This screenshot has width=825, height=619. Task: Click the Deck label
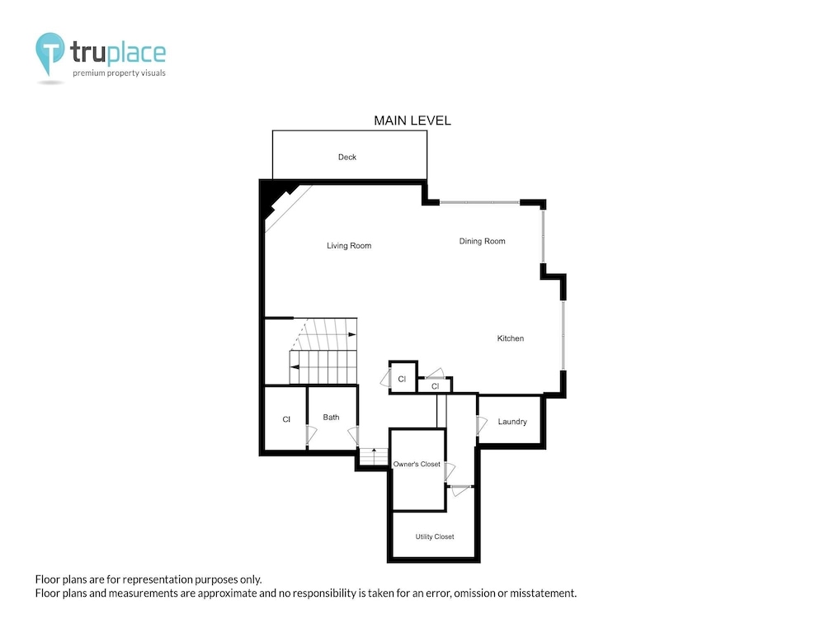pos(346,157)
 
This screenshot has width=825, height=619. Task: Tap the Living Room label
pos(349,246)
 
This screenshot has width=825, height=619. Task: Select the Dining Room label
pos(482,241)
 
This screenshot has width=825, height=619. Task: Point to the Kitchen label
pos(511,338)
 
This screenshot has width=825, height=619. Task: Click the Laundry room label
pos(512,422)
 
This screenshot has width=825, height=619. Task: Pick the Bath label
pos(331,418)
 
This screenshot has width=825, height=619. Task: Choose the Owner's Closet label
pos(417,464)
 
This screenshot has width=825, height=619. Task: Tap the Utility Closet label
pos(435,537)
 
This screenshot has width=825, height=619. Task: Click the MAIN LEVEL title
pos(412,120)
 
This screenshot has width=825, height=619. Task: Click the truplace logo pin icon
pos(50,51)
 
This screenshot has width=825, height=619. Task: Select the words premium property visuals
pos(119,73)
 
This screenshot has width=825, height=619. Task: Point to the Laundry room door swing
pos(481,425)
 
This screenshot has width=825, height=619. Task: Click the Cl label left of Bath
pos(286,419)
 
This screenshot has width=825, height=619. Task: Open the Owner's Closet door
pos(450,470)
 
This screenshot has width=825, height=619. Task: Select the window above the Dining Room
pos(479,202)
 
